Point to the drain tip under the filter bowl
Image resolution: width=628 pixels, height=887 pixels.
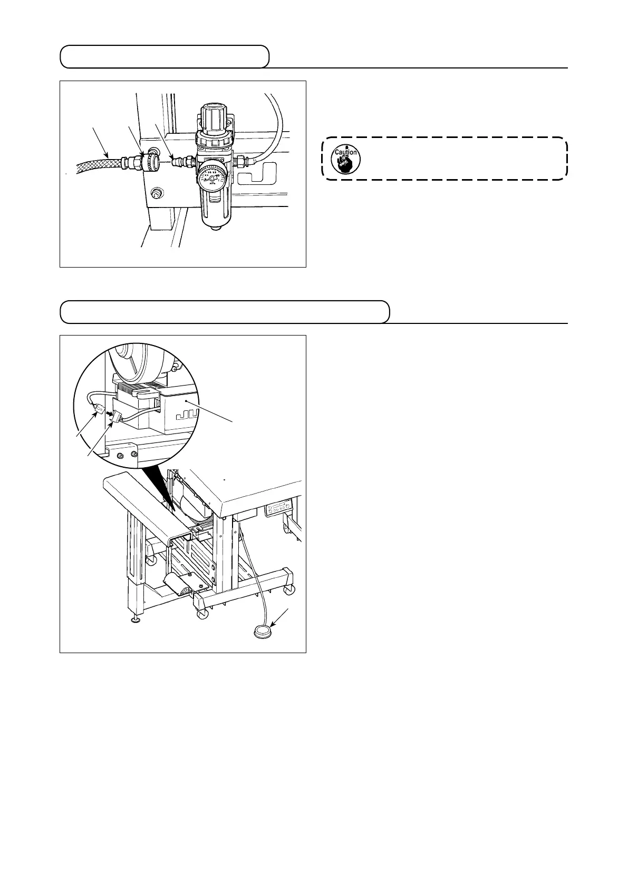(x=212, y=228)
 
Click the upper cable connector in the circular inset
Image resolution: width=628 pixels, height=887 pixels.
(x=99, y=409)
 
